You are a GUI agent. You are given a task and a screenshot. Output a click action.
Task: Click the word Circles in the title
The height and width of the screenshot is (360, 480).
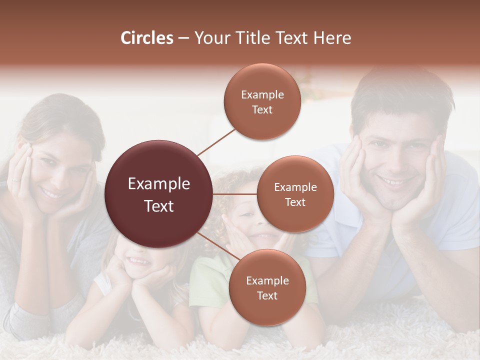click(x=146, y=38)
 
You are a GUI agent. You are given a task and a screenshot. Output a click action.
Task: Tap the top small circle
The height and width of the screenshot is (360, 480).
click(x=262, y=101)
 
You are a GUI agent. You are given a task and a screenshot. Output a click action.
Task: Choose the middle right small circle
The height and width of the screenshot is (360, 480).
click(x=295, y=194)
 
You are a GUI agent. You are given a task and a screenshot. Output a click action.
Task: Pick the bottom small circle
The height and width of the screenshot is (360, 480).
click(x=267, y=287)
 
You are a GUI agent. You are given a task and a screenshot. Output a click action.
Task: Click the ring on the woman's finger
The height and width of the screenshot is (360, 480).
click(x=15, y=179)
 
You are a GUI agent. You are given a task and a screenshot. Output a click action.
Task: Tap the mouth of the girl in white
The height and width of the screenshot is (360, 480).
click(x=137, y=261)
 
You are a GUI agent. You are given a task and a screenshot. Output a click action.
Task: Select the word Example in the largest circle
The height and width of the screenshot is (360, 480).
click(x=159, y=184)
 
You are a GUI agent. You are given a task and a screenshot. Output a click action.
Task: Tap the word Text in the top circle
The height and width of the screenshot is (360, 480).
click(x=262, y=109)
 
